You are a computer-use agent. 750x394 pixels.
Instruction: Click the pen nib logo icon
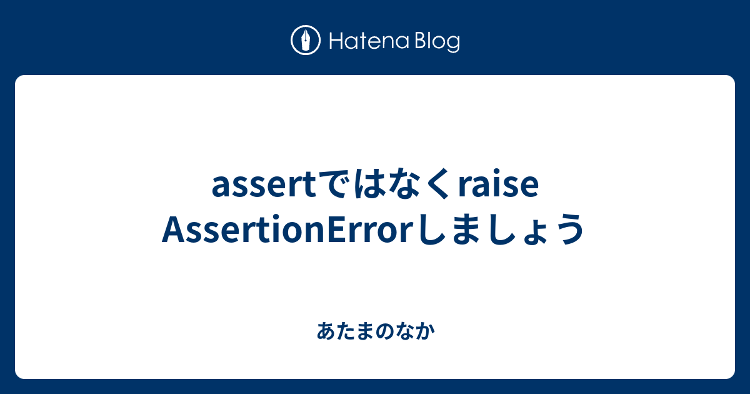306,40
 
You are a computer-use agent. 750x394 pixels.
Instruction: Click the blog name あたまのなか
376,331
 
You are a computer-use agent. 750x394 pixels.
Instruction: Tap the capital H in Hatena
336,41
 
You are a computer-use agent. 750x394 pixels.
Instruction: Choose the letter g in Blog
453,44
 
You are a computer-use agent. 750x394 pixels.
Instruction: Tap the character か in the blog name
426,331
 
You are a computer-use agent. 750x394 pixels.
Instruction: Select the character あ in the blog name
326,331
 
